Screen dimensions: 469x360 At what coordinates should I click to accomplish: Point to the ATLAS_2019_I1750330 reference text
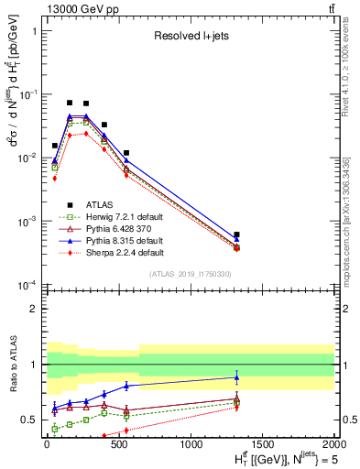point(189,274)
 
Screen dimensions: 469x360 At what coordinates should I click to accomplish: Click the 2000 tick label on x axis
point(333,444)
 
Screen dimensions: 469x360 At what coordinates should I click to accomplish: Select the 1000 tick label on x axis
point(190,444)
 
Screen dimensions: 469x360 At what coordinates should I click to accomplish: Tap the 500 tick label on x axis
point(118,444)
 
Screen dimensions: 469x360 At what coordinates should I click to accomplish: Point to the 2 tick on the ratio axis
point(35,310)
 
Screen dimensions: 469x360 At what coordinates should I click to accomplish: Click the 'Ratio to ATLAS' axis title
point(11,366)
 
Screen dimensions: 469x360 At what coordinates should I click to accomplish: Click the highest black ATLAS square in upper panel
point(70,103)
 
